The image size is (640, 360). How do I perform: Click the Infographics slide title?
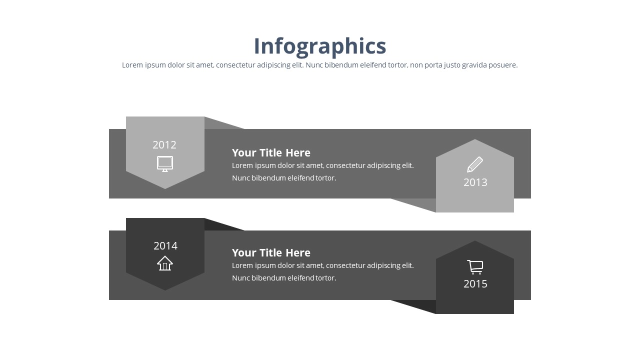click(x=320, y=46)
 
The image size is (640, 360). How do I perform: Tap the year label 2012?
click(x=164, y=145)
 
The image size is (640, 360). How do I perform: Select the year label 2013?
click(x=475, y=182)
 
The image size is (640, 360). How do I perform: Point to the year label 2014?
click(x=165, y=246)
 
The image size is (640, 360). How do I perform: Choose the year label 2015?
click(x=475, y=284)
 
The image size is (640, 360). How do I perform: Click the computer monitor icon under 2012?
click(x=165, y=163)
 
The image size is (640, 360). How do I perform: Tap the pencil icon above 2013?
click(x=474, y=164)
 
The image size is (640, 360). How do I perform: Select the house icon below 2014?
click(x=165, y=263)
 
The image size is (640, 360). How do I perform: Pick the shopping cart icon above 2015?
click(x=475, y=267)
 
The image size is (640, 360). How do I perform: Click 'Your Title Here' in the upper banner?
click(x=271, y=153)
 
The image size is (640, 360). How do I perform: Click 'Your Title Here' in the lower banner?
click(x=271, y=253)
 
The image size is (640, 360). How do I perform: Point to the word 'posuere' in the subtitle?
click(x=503, y=65)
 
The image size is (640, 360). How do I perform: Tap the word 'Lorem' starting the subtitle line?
click(x=132, y=65)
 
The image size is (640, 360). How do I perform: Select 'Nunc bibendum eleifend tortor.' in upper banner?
click(x=284, y=178)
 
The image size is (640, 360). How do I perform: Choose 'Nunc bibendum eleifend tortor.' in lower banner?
click(x=284, y=278)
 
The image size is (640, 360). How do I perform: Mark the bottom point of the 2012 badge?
click(x=165, y=187)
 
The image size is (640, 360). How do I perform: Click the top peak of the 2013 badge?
click(x=475, y=140)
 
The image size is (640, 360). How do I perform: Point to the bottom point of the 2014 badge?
click(x=165, y=289)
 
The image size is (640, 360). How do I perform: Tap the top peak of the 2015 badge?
click(x=475, y=242)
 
